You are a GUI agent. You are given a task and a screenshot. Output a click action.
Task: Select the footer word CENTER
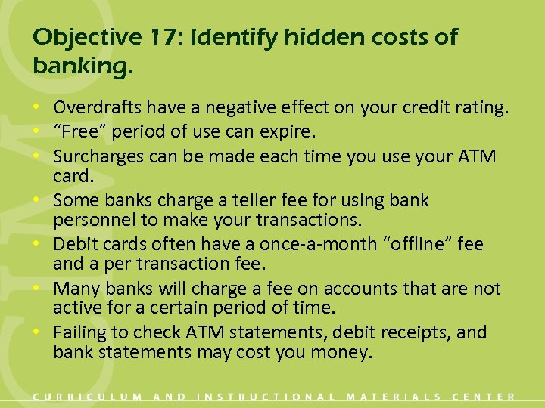point(484,397)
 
